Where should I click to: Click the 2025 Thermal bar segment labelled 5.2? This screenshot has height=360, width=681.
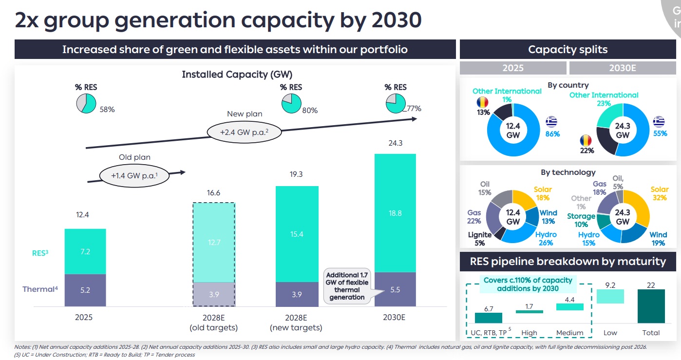point(85,290)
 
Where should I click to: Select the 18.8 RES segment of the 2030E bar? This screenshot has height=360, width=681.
point(395,213)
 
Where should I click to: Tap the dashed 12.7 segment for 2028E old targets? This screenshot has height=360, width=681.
point(214,242)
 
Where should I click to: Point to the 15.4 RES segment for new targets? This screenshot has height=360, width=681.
point(297,234)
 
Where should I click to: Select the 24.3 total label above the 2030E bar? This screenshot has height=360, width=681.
point(395,143)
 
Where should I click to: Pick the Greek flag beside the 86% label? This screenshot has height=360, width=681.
point(552,121)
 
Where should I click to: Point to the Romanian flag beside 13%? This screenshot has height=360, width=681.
point(483,103)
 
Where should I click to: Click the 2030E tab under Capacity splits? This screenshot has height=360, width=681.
point(622,68)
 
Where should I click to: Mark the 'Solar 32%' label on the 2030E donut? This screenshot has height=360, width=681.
point(660,194)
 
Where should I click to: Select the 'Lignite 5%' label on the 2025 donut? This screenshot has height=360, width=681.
point(480,239)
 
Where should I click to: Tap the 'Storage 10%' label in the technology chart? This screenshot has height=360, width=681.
point(581,220)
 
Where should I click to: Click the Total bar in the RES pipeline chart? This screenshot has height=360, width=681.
point(651,306)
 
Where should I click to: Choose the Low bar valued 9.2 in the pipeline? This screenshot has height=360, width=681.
point(610,296)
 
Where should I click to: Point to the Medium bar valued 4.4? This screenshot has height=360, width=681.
point(569,307)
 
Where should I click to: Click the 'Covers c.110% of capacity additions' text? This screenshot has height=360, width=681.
point(528,284)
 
